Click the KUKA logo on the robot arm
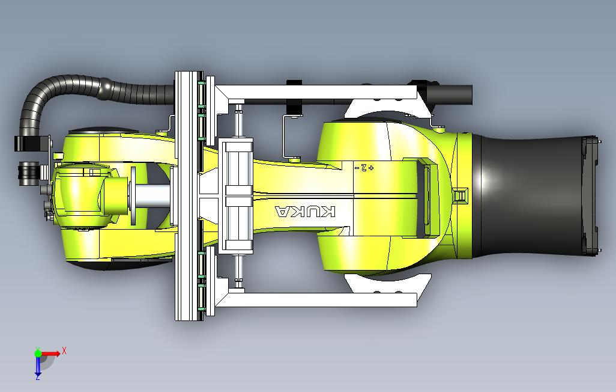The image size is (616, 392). pos(305,212)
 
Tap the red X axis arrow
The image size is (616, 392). pos(51,354)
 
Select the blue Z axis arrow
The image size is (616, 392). pos(38,366)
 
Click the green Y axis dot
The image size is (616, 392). pos(38,354)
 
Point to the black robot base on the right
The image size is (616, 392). pos(534,195)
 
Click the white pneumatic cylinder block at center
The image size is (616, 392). pos(238,196)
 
